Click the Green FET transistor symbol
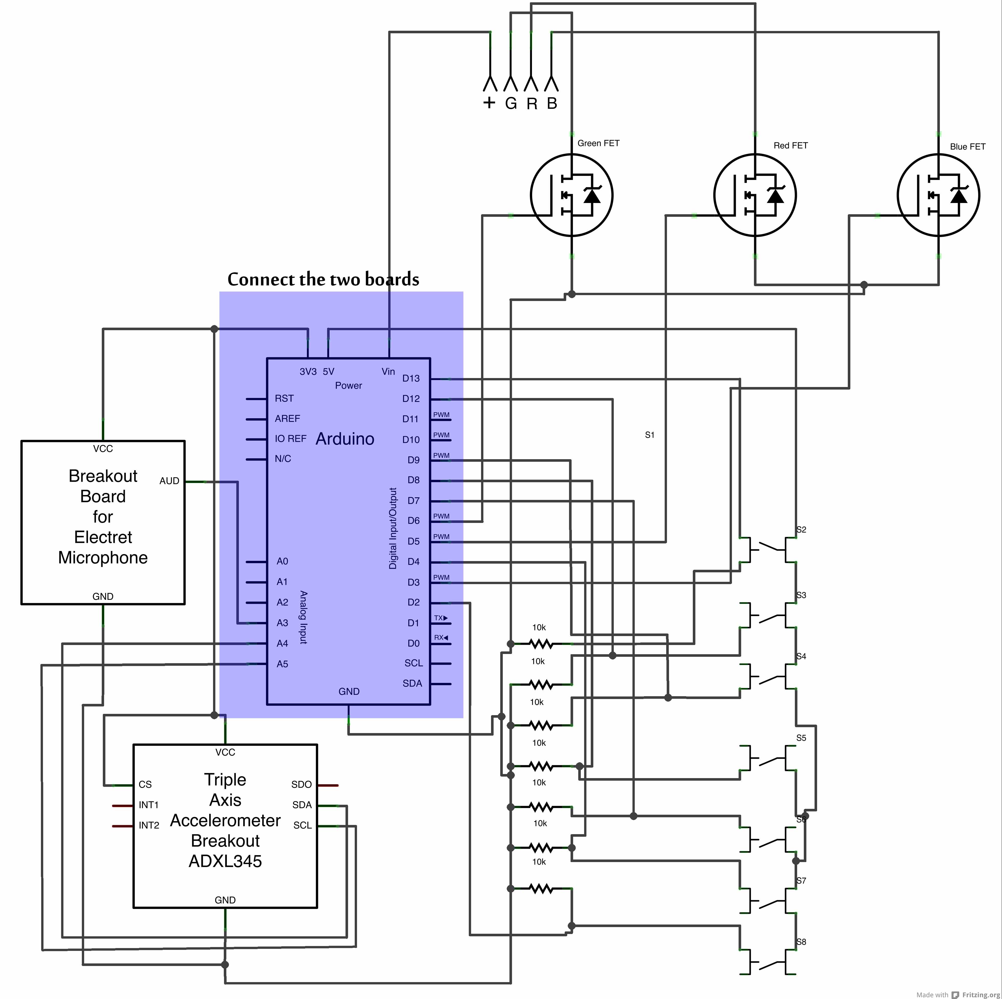572,195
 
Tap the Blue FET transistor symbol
938,195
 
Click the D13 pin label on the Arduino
411,378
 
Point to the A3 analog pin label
282,623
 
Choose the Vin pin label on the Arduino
388,372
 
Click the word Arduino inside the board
345,439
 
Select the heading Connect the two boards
323,279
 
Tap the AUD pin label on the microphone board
169,481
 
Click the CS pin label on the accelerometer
145,785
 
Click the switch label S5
801,738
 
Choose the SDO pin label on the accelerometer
301,785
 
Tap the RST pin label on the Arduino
284,399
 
